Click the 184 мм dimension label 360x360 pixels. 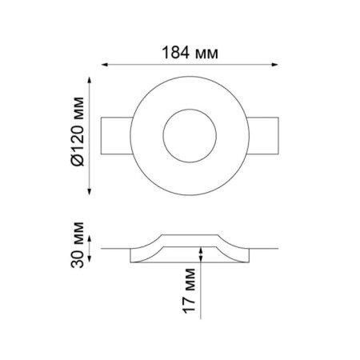click(x=190, y=53)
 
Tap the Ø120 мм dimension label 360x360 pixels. click(x=78, y=131)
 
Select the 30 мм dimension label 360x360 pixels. click(x=78, y=245)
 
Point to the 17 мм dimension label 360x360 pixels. click(x=189, y=290)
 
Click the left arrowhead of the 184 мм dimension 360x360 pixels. click(x=105, y=65)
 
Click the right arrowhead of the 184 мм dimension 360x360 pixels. click(x=275, y=65)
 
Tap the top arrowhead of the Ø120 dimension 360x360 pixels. click(x=90, y=80)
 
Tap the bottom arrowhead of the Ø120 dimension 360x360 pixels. click(x=90, y=192)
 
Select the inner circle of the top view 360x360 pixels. click(x=163, y=136)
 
